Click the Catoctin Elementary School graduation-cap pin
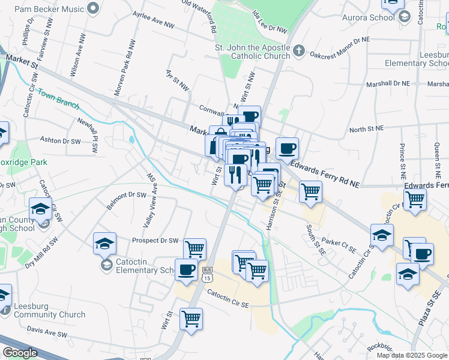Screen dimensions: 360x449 104,243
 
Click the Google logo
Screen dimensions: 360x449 20,353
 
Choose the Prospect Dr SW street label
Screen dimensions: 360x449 155,241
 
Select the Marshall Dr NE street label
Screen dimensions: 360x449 388,83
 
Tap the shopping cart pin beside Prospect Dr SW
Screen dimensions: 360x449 194,248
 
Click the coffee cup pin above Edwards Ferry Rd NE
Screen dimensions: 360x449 287,148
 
